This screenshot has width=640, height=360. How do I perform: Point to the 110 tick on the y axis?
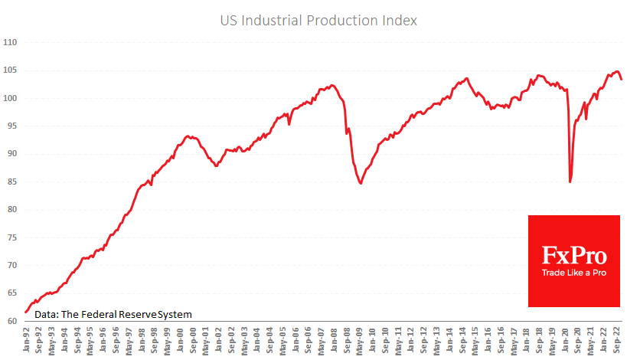11,42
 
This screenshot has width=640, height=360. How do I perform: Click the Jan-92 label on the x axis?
26,341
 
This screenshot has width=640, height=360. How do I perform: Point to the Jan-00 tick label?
179,341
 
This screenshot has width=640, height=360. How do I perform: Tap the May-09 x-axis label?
358,341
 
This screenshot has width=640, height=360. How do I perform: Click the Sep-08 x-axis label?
345,341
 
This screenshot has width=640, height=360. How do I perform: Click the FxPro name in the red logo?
573,255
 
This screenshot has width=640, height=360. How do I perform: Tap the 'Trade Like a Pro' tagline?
573,273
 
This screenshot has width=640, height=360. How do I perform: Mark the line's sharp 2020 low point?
570,182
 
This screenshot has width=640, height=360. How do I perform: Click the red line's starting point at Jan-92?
26,312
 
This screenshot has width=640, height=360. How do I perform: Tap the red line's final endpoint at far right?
622,79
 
